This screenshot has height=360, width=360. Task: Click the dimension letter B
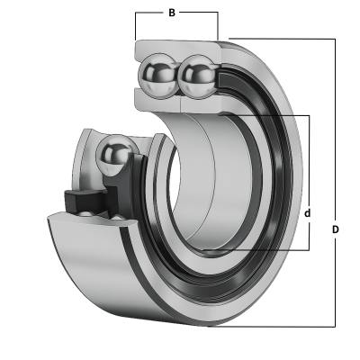[x=172, y=13]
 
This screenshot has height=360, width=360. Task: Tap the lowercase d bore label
[x=308, y=213]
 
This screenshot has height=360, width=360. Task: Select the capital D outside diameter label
[x=336, y=229]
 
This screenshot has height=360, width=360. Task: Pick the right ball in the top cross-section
[x=197, y=76]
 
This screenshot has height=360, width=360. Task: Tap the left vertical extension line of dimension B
[x=136, y=26]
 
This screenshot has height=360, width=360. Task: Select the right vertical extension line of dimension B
[x=218, y=25]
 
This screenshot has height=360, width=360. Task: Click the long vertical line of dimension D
[x=335, y=183]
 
